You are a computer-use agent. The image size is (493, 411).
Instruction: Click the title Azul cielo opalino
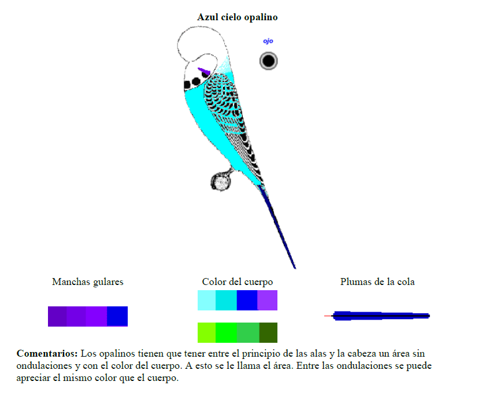(237, 17)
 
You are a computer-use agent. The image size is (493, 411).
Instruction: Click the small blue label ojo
(268, 41)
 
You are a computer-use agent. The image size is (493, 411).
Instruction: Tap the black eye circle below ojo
(268, 61)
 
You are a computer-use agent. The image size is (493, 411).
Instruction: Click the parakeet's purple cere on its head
(204, 72)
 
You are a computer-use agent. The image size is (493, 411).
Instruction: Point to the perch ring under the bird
(220, 182)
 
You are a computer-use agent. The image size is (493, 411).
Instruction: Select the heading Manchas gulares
(87, 282)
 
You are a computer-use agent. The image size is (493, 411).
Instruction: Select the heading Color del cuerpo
(237, 282)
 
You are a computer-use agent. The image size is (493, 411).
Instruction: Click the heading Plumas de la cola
(377, 282)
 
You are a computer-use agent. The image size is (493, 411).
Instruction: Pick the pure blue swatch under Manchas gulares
(117, 316)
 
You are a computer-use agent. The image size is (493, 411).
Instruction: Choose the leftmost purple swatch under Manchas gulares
(57, 316)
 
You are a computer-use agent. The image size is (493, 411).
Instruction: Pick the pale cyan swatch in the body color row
(206, 300)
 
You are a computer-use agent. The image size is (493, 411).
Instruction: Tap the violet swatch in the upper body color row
(267, 300)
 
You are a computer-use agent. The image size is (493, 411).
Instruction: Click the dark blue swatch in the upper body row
(247, 300)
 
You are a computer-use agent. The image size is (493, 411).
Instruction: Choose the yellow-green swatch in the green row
(206, 332)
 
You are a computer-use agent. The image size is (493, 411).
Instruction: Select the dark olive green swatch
(268, 332)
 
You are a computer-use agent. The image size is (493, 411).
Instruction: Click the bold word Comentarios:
(47, 353)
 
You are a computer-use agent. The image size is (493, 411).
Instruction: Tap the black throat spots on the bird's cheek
(191, 84)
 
